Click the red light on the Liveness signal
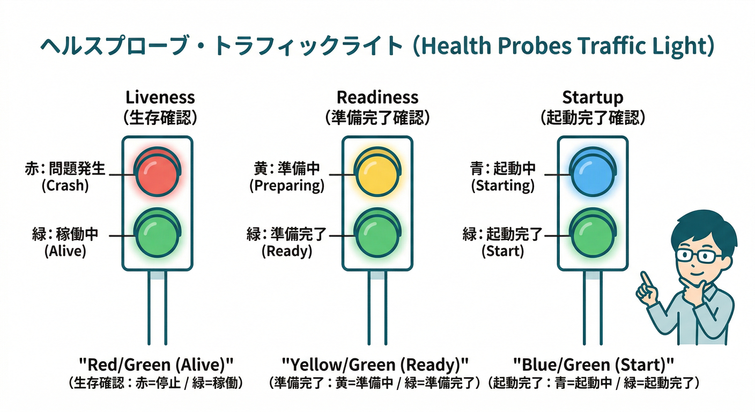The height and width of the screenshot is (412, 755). [157, 172]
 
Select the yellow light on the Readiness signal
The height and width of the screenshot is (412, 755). [377, 172]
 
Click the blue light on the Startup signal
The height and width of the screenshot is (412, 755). [593, 172]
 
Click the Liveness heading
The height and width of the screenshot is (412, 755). [160, 98]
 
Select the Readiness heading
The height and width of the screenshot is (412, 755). [377, 98]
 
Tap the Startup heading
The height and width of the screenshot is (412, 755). [593, 98]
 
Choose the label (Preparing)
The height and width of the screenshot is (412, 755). [287, 186]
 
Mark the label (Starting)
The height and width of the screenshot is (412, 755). [502, 186]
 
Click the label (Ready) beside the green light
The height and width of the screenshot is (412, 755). [287, 251]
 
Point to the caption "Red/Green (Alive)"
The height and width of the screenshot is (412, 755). [156, 365]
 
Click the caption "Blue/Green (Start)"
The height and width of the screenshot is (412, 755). [593, 365]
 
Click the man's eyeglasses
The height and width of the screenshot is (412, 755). [695, 256]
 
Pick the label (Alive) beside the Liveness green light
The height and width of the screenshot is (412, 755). [65, 251]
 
